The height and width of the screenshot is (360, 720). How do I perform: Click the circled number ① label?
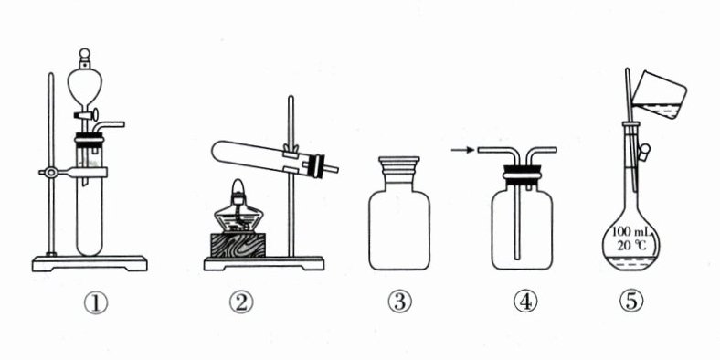point(96,303)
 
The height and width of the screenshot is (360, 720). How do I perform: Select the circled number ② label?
point(241,302)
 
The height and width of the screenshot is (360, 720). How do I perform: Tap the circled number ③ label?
point(399,302)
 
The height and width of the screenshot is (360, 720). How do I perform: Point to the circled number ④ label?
point(524,302)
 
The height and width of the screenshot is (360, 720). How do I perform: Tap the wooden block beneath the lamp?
point(238,245)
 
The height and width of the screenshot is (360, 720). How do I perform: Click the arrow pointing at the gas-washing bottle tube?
point(462,150)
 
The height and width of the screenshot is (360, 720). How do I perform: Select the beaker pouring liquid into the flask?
point(660,95)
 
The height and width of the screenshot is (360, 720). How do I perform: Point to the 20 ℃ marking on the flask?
point(632,246)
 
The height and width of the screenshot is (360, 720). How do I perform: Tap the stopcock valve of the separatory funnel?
point(86,114)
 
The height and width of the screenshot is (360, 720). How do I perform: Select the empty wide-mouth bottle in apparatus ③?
point(399,213)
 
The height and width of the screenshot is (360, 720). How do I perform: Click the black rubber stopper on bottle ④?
point(522,175)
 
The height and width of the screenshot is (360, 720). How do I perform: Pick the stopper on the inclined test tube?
point(317,165)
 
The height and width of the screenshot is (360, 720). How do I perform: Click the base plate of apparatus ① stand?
point(90,263)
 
